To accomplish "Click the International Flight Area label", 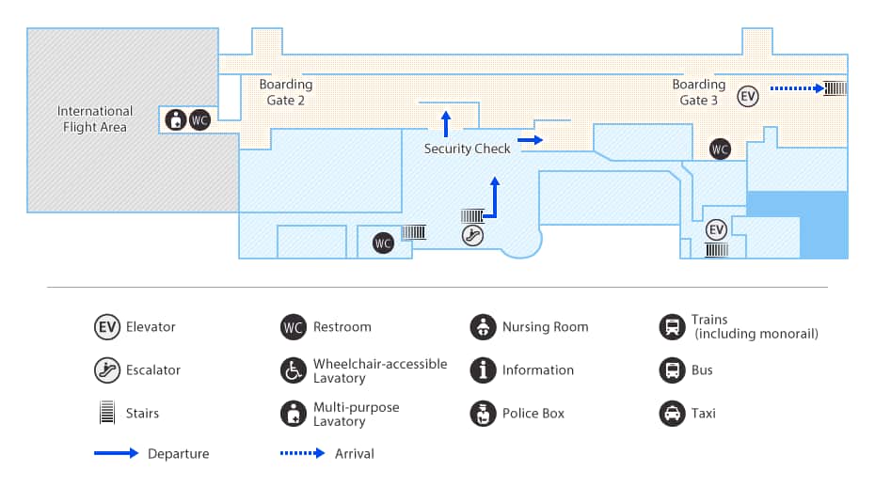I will (95, 119).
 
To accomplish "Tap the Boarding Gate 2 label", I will (286, 92).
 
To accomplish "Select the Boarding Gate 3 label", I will (698, 92).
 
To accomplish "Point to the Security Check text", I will (467, 149).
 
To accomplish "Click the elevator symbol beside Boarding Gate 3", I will (748, 96).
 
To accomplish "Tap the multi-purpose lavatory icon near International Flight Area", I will (175, 120).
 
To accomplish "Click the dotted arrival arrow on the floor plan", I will (796, 89).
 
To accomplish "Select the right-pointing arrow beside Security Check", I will (531, 140).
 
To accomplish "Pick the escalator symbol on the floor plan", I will (473, 236).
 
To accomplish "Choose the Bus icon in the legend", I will (671, 370).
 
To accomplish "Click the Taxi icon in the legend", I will (671, 414).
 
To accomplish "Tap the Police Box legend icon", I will (483, 414).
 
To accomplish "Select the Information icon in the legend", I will (483, 370).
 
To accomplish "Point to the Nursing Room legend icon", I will (483, 327).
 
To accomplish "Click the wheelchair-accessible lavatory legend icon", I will (294, 370).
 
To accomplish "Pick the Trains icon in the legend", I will (671, 327).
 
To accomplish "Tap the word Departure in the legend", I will (178, 454).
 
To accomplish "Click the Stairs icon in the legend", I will (107, 414).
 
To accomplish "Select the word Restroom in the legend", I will (342, 327).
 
